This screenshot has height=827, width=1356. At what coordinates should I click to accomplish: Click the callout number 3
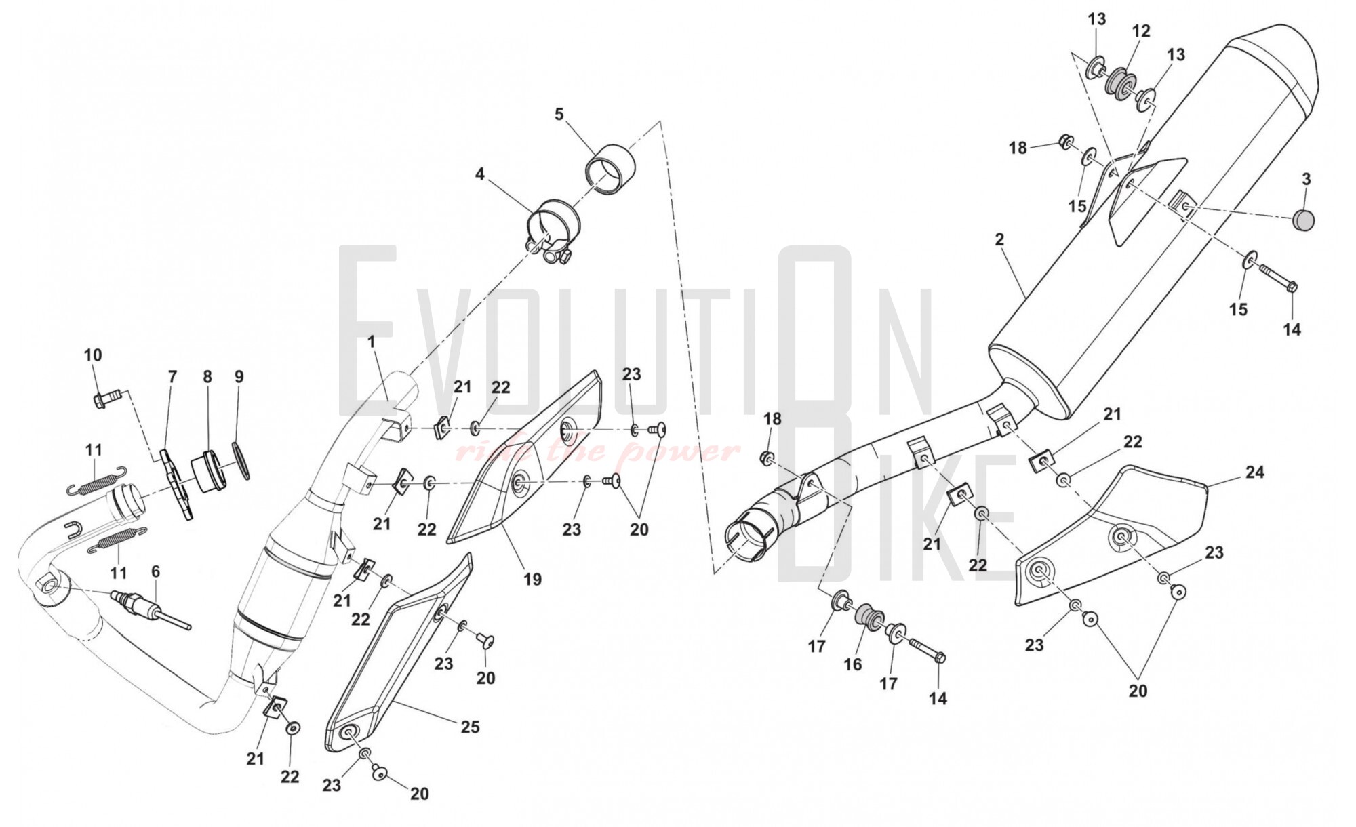click(1306, 180)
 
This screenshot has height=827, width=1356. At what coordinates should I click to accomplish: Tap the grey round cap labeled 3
click(1302, 220)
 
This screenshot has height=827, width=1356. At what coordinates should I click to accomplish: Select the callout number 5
click(559, 114)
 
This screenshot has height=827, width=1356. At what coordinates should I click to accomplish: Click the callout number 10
click(93, 355)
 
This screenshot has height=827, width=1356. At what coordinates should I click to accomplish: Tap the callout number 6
click(155, 571)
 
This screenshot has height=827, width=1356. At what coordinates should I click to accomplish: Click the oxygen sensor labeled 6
click(150, 609)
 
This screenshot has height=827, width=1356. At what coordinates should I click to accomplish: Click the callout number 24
click(1254, 472)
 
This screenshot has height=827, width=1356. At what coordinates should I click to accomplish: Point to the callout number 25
click(470, 727)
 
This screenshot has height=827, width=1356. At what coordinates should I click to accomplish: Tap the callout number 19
click(532, 579)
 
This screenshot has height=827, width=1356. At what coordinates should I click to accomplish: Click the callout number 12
click(1141, 31)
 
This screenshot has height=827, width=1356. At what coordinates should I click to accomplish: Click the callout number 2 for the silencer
click(999, 239)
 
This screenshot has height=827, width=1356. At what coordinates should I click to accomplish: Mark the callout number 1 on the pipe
click(371, 342)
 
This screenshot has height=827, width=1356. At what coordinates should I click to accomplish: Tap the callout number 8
click(207, 376)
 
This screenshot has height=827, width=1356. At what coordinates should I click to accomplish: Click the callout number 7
click(172, 376)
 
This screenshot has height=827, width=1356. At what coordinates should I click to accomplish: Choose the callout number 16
click(852, 664)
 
